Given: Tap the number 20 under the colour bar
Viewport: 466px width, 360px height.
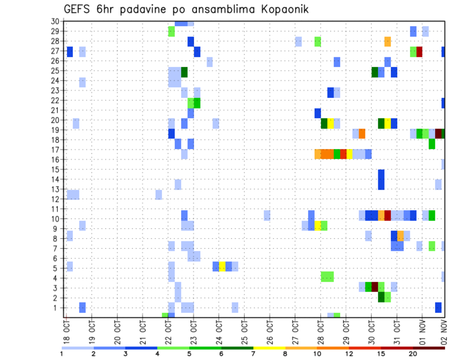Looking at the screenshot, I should [413, 354].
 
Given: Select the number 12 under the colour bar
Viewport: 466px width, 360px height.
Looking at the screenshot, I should [349, 354].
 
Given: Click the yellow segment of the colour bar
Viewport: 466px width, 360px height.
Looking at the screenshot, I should [269, 348].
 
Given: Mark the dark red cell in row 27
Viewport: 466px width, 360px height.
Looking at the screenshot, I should [419, 51].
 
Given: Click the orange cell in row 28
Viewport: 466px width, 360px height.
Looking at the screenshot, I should [387, 42].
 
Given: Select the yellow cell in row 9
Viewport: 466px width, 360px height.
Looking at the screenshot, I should [317, 226].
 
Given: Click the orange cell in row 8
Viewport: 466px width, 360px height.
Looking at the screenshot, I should [400, 236].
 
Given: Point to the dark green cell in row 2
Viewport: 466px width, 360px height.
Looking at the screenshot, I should [381, 296].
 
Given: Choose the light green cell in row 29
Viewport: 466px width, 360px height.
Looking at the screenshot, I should [171, 32].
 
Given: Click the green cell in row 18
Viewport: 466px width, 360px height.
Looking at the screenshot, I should [432, 144].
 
